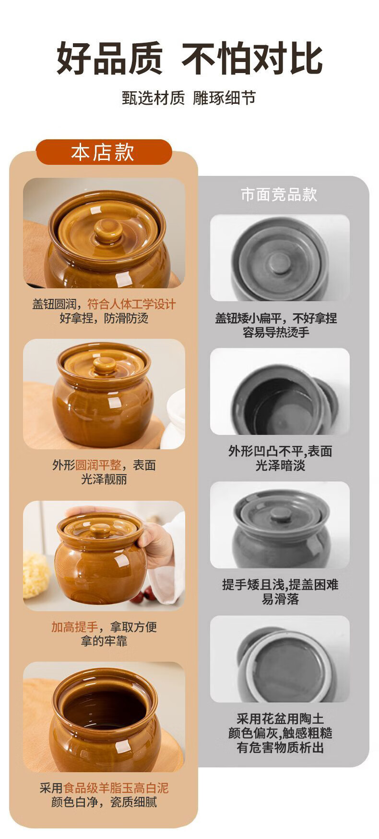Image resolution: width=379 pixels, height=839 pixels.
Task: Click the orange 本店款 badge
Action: pos(104,152)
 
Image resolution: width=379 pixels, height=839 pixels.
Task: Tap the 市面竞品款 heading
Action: pos(279,195)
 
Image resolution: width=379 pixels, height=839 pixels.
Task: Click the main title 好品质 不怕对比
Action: pos(189,59)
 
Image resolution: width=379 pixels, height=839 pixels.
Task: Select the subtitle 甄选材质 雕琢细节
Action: pos(189,98)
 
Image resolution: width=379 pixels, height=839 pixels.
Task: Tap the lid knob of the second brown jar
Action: pos(104,365)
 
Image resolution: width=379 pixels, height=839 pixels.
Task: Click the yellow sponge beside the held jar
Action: pos(36,575)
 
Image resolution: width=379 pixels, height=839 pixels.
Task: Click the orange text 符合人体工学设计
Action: pos(131,304)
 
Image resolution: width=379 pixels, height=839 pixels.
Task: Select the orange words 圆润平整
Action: pos(98,465)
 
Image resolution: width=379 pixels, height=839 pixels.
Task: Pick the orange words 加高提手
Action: pos(74,627)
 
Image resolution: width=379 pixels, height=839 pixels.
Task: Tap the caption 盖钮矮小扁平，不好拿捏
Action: pos(276,318)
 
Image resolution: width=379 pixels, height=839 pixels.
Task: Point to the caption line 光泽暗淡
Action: pos(280,466)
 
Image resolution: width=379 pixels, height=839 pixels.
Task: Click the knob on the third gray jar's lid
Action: pos(280,515)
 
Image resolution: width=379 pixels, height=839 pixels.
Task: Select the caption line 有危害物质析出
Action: pos(280,748)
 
